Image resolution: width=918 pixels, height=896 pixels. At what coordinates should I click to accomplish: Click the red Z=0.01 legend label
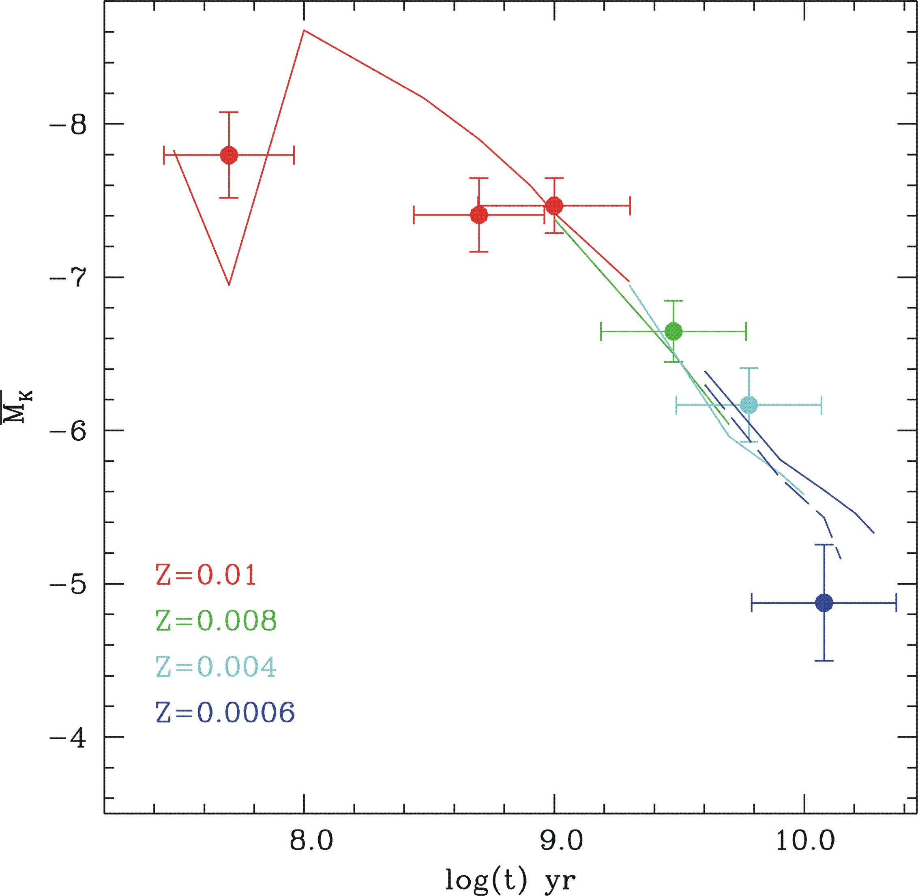[x=206, y=575]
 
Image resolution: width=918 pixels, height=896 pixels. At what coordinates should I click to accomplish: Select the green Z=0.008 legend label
[x=216, y=621]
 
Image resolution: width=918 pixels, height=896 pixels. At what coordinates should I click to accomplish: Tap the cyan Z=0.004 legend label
[x=216, y=666]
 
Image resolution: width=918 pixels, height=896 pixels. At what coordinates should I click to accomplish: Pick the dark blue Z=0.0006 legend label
[x=225, y=712]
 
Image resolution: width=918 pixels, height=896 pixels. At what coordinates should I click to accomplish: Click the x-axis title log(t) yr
[x=511, y=880]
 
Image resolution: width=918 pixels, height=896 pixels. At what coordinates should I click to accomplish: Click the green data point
[x=673, y=332]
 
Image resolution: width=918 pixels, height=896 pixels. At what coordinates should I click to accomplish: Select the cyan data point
[x=749, y=405]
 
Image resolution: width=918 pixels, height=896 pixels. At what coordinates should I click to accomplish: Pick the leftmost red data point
[x=229, y=155]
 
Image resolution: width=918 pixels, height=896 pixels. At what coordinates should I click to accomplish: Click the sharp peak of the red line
[x=304, y=30]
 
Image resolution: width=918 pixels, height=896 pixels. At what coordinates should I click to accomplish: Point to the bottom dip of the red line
[x=229, y=284]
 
